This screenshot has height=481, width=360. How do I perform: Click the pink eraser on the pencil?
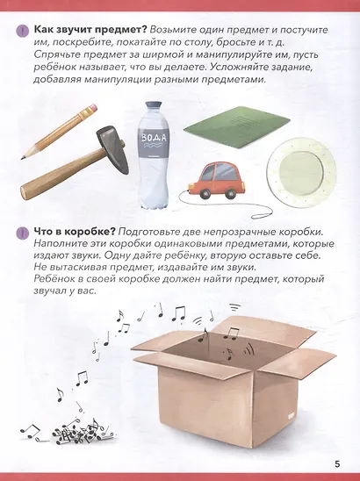(91, 109)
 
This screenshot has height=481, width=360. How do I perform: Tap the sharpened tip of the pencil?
(22, 158)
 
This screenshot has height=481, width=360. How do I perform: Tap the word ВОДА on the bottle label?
(154, 138)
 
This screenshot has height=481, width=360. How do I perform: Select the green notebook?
(237, 127)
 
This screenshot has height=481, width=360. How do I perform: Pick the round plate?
(301, 173)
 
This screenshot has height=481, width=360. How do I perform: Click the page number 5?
(337, 463)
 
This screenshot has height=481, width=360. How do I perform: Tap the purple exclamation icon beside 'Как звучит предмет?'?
(23, 32)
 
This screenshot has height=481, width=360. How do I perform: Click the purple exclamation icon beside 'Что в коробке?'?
(23, 233)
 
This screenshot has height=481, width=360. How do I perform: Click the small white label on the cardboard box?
(291, 416)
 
